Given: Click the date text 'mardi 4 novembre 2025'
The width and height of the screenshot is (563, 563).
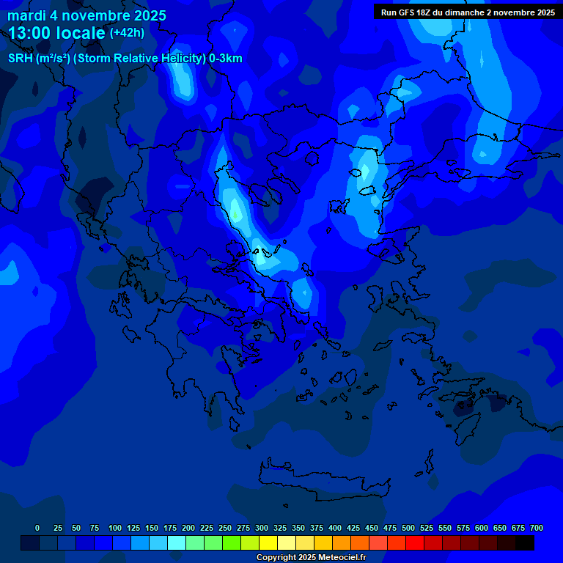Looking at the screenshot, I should [87, 15].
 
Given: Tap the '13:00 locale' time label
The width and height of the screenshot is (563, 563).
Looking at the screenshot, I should [57, 34].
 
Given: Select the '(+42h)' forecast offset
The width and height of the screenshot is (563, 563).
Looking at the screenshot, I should [127, 33].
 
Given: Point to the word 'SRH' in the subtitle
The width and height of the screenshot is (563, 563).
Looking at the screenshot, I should [20, 59].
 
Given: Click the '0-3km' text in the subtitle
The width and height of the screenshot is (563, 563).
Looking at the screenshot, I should [226, 59].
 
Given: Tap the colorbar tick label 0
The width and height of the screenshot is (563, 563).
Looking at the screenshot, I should [37, 528].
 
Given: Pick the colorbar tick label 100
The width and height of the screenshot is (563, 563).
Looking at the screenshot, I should [114, 528].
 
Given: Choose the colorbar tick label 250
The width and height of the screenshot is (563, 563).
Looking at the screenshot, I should [224, 528].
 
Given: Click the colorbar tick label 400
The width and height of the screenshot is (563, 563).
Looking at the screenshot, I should [334, 528].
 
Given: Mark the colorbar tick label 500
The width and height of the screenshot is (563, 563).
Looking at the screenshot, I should [408, 528].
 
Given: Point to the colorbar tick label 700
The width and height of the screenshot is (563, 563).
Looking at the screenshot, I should [537, 528].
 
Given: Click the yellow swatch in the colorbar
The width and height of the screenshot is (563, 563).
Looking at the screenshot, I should [268, 542].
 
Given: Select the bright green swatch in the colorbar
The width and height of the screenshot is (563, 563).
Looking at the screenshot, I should [232, 542].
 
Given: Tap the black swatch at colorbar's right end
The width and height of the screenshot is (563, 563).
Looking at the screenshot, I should [525, 542].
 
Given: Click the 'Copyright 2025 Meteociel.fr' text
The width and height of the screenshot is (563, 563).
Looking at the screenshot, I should [311, 557].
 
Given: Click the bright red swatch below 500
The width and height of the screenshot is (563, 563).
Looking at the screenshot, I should [415, 542].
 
